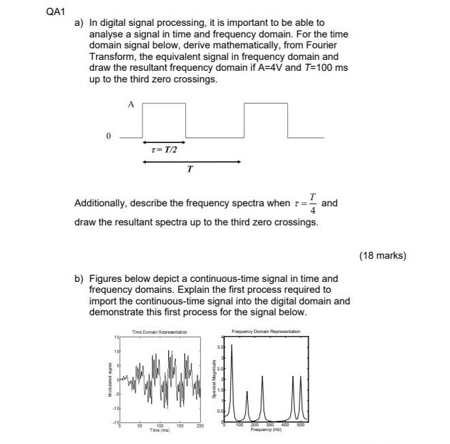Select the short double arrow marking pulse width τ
164,142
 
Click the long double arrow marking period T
193,161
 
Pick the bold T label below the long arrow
189,172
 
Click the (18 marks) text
382,256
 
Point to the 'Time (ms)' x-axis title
160,430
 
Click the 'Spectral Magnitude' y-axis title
216,381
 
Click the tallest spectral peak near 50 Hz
233,347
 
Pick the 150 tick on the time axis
180,425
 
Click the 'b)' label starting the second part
80,279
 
